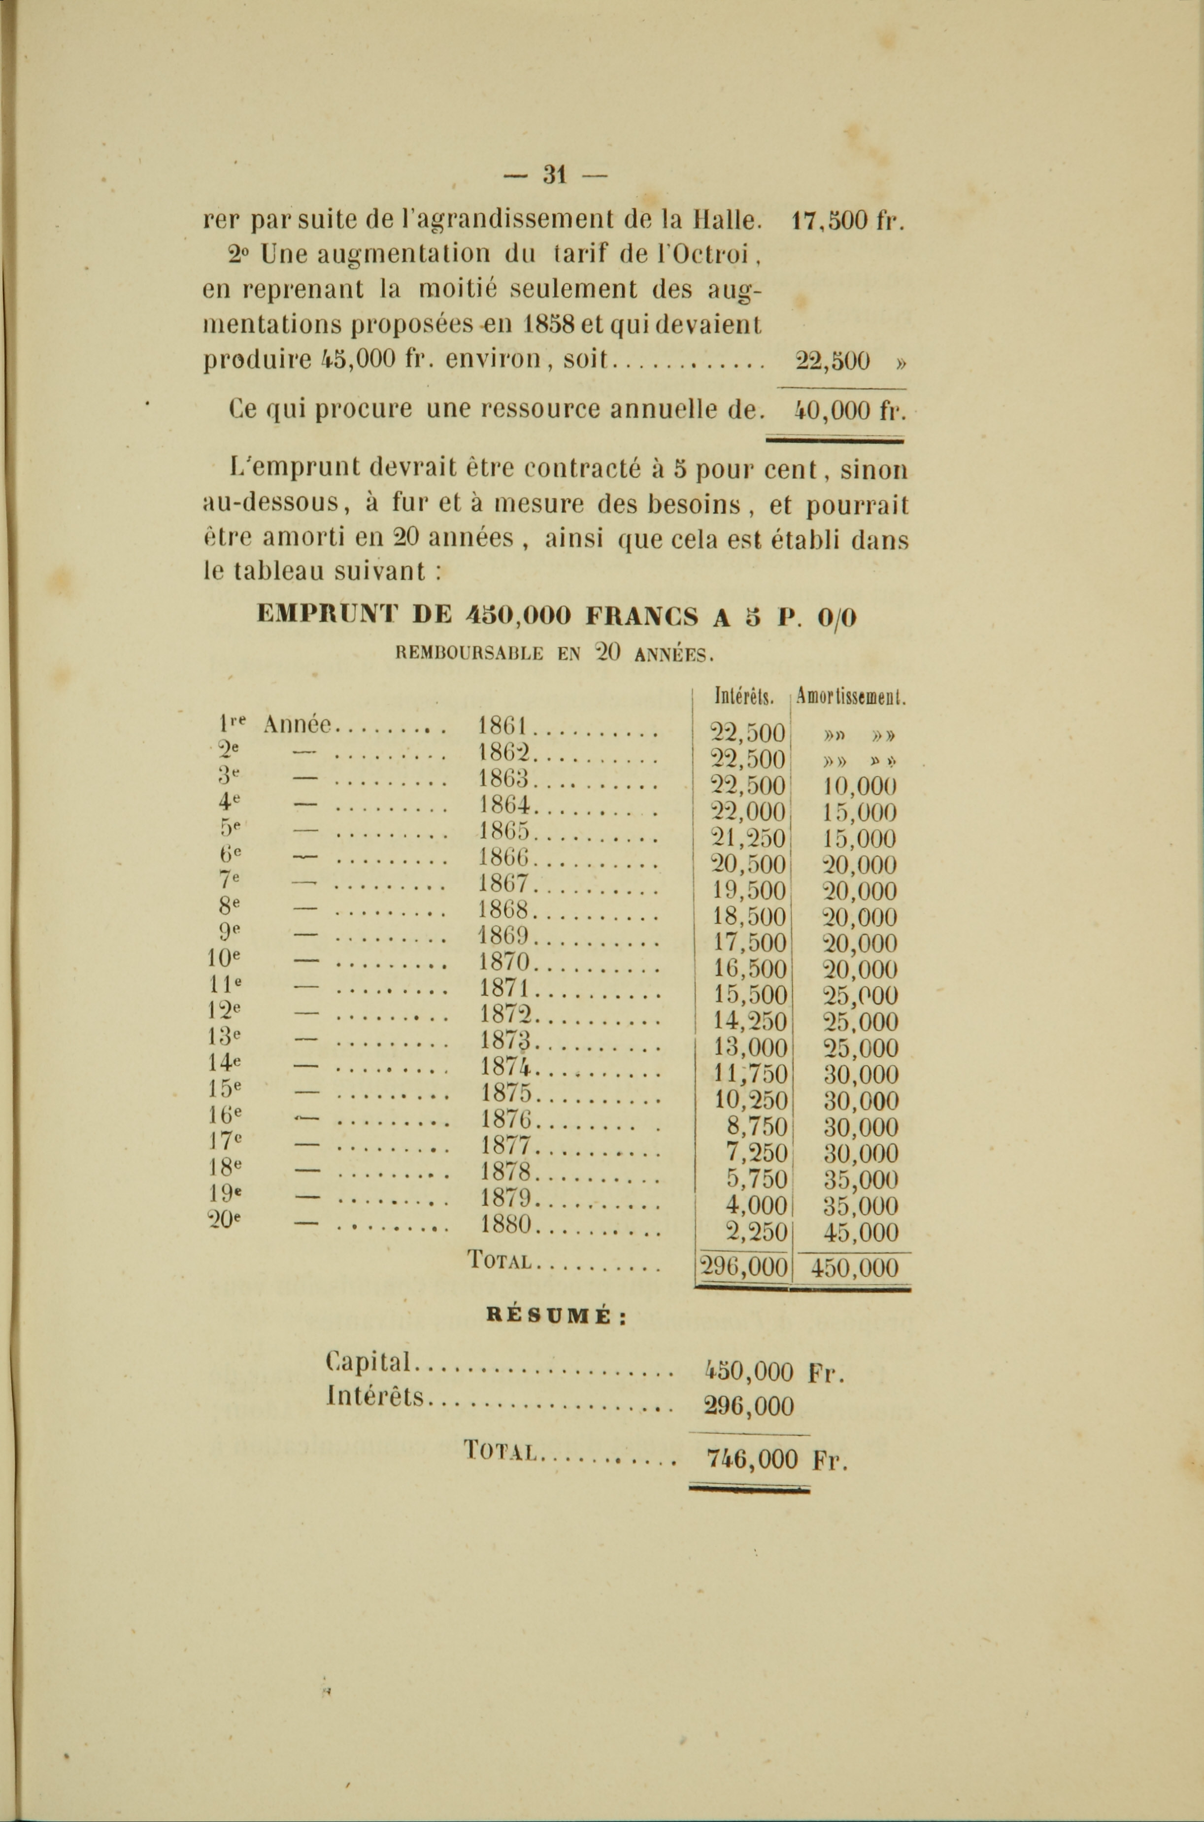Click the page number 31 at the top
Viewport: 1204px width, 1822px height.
click(x=554, y=175)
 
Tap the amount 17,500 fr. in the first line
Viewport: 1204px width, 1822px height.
click(x=847, y=221)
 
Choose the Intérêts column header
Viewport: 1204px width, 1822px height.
click(x=742, y=697)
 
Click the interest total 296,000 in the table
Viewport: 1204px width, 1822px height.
click(x=742, y=1267)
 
